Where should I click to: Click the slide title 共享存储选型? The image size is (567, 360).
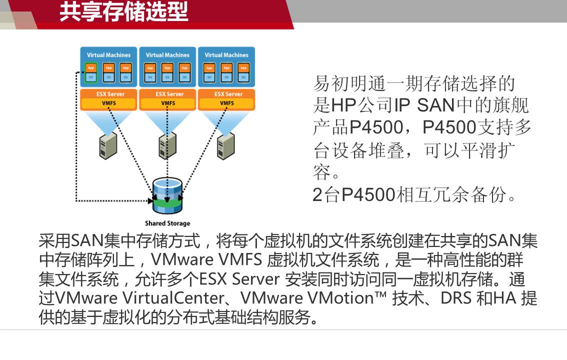click(x=123, y=12)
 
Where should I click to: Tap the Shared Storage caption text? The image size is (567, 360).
click(x=167, y=223)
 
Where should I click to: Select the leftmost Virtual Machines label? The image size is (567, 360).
click(x=108, y=55)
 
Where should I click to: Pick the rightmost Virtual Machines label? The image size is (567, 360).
click(x=226, y=55)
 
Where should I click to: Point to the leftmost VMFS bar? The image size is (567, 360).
click(x=109, y=103)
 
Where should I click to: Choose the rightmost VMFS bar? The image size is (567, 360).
click(x=226, y=103)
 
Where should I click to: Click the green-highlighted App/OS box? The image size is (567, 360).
click(x=91, y=72)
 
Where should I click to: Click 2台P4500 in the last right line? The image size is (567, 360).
click(x=353, y=195)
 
